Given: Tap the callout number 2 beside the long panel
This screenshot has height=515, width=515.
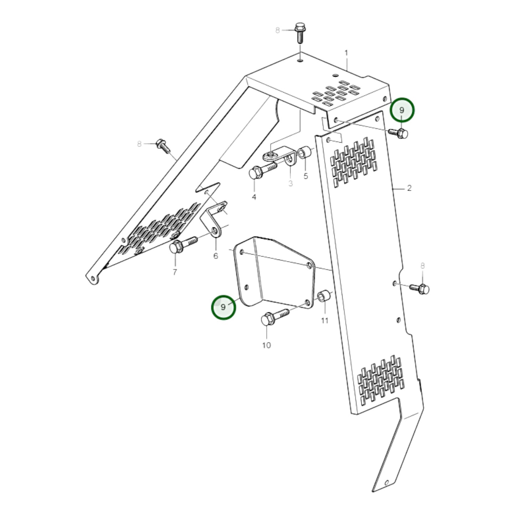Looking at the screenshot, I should pos(409,188).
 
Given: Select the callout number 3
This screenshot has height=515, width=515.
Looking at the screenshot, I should pos(290,184).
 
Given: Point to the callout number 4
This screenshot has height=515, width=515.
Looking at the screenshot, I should pos(254,197).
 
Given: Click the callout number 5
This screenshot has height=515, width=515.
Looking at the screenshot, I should pos(305,176).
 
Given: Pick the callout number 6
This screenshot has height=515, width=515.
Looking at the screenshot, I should pos(216,256).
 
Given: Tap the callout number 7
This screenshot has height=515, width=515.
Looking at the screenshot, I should pos(175,272).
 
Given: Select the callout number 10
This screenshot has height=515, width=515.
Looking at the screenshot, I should pos(267,345).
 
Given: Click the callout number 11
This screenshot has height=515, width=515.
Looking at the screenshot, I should pos(324,321).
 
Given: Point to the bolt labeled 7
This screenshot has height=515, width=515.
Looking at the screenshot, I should pos(182,244).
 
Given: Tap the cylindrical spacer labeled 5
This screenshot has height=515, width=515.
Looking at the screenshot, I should pos(306,153).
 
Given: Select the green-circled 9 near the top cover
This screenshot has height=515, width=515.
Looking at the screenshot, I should pos(402,110).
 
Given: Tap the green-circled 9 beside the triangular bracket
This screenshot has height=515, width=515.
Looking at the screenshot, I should pos(223,307).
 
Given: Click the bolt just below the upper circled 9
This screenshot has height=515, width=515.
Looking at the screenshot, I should pos(399,133).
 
